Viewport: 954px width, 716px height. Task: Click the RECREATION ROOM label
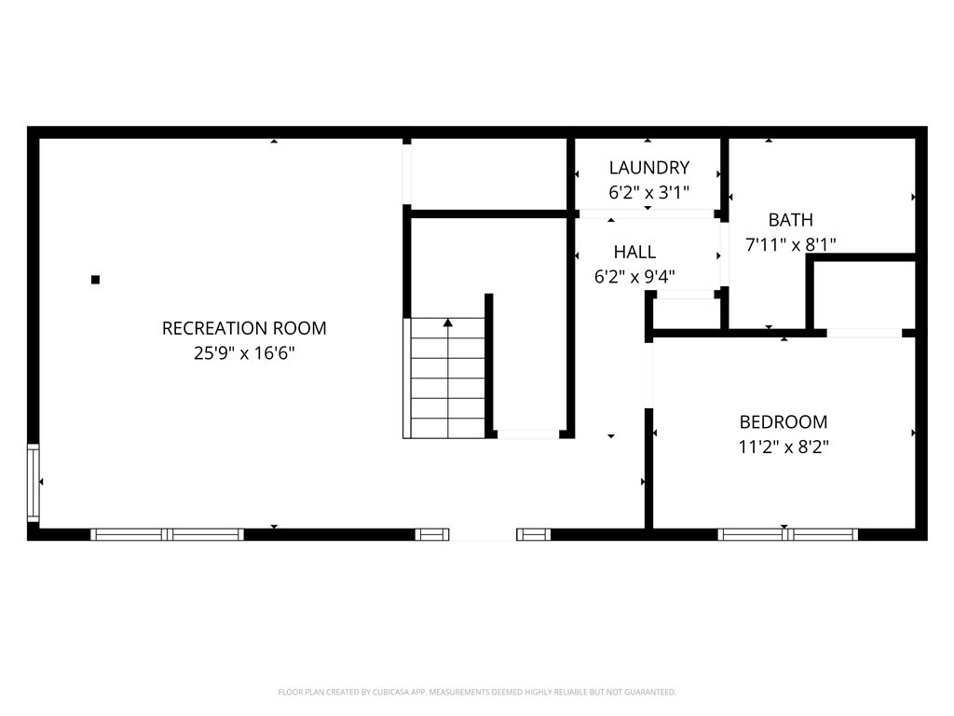[244, 328]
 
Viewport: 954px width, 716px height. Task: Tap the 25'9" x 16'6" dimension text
[244, 353]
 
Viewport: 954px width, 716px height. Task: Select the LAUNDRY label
[648, 168]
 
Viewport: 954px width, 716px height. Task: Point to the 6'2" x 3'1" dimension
[648, 193]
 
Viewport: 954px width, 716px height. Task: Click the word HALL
[634, 252]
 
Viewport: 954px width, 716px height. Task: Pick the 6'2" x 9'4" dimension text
[634, 276]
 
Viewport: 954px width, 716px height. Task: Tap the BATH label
[790, 220]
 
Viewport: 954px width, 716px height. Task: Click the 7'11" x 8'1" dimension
[790, 244]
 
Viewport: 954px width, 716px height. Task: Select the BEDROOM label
[783, 421]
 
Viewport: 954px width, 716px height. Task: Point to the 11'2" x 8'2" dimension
[783, 447]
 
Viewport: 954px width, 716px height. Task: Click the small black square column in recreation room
[95, 279]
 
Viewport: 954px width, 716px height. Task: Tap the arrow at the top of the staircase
[448, 323]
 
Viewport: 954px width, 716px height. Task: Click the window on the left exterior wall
[34, 482]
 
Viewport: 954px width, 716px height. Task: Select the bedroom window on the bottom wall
[787, 534]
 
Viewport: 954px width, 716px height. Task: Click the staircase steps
[448, 382]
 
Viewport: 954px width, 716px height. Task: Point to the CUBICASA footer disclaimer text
[477, 692]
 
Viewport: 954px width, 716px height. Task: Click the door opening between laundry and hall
[647, 214]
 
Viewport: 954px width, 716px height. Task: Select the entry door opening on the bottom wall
[483, 534]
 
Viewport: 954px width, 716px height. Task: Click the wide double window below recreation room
[168, 534]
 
